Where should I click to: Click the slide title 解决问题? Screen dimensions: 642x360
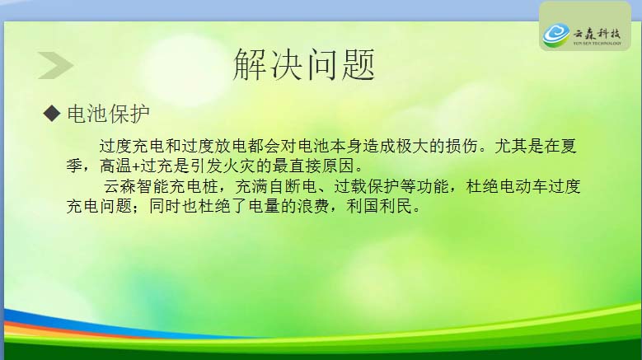pos(304,64)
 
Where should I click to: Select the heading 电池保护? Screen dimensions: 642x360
pos(108,114)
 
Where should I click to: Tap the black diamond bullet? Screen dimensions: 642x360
pos(52,113)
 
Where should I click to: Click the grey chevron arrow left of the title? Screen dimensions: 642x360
pos(56,65)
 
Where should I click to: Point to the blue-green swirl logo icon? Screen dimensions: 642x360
pos(556,35)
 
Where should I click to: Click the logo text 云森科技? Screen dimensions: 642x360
pos(597,33)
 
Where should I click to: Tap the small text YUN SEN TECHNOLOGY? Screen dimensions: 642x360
pos(597,44)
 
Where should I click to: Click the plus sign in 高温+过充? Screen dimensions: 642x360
pos(136,166)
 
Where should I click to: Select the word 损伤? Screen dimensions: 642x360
pos(462,146)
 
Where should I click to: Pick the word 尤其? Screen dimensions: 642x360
pos(511,146)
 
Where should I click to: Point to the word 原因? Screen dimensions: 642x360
pos(338,166)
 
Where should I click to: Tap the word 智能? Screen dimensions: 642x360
pos(152,186)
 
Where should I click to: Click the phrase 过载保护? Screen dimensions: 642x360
pos(367,186)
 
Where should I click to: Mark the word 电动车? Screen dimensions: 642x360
pos(523,186)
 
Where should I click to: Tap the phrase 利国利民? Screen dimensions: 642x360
pos(379,206)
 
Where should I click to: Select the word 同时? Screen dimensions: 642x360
pos(165,206)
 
